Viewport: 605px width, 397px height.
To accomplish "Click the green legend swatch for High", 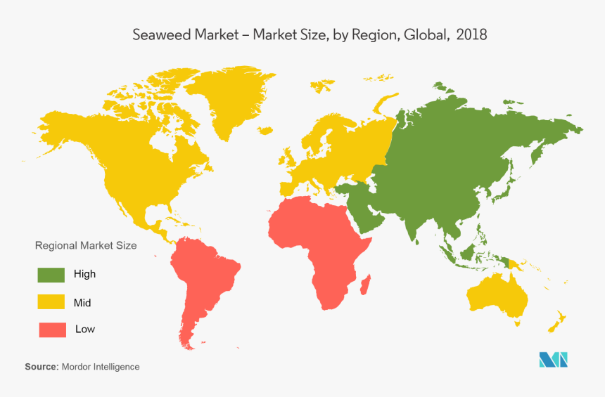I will pos(51,275).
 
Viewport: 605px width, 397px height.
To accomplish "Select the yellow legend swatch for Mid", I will pos(51,302).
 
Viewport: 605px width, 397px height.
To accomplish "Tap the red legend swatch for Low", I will pos(51,329).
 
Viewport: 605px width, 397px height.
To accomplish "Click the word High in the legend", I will pos(84,274).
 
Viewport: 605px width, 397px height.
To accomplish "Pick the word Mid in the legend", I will pos(82,303).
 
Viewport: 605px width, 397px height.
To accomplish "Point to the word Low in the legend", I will pos(85,329).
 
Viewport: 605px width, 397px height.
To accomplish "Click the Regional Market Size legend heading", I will pos(86,246).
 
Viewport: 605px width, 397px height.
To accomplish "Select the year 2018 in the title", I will pos(471,34).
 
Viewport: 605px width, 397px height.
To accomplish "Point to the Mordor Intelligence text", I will pos(101,367).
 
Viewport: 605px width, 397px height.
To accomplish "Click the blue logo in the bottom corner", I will pos(553,359).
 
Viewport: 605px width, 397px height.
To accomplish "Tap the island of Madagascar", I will pos(365,285).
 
